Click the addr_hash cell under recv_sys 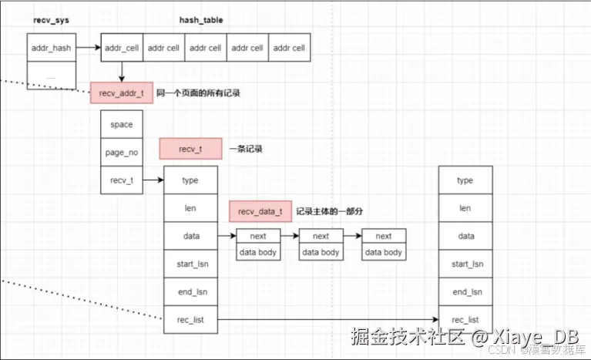point(52,48)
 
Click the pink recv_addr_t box point(121,93)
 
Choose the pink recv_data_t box point(260,211)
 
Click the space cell point(121,124)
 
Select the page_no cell point(121,152)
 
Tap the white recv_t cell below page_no point(121,180)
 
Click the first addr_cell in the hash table point(121,48)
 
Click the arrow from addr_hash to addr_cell point(89,48)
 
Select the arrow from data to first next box point(227,236)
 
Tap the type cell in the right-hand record point(465,180)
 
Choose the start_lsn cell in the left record point(190,264)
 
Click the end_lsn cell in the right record point(465,291)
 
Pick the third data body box point(383,252)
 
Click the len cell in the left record point(190,208)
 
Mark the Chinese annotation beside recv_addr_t point(198,93)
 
